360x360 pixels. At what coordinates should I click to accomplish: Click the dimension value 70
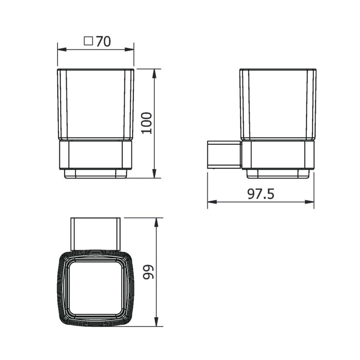click(103, 41)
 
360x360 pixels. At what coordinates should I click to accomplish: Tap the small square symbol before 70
click(88, 41)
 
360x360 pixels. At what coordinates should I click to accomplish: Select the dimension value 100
click(146, 123)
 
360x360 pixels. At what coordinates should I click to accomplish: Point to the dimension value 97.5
click(261, 194)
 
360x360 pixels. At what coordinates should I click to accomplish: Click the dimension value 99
click(148, 272)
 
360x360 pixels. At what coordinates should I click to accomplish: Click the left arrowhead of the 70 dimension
click(62, 50)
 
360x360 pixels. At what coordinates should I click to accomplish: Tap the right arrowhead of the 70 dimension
click(129, 50)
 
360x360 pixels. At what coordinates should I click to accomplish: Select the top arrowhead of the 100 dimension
click(154, 74)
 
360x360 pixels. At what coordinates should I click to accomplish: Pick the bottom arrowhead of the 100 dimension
click(154, 173)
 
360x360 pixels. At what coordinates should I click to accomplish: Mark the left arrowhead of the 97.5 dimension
click(212, 202)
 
